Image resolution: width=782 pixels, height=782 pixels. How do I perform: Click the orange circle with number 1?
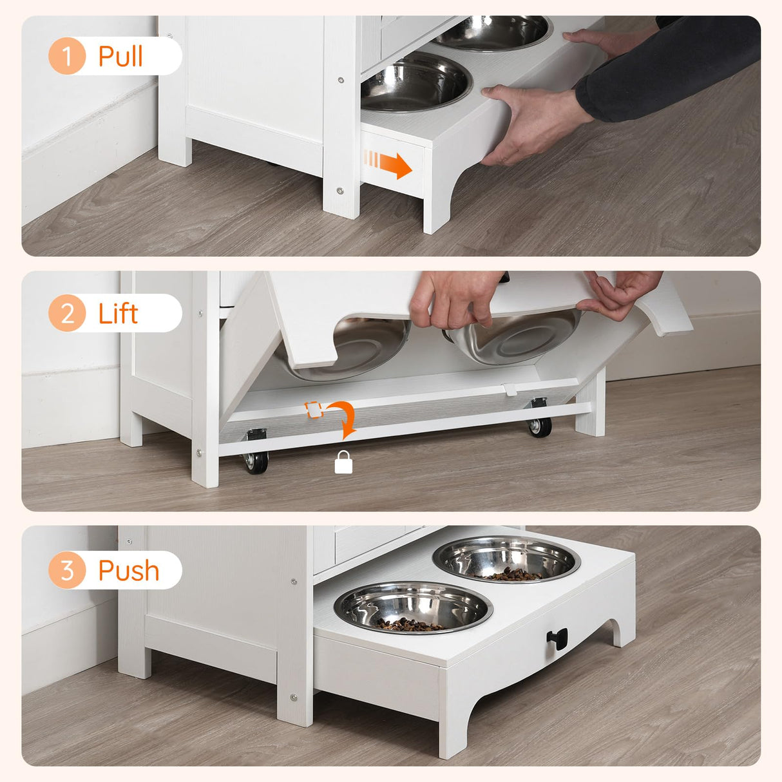67,56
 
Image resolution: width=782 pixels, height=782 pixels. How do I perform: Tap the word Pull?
120,56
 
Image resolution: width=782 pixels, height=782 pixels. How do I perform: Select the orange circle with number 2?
67,313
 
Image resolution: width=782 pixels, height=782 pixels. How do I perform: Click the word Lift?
118,313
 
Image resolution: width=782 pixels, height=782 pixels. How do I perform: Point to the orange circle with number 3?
67,570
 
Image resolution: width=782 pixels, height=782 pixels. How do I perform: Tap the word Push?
128,571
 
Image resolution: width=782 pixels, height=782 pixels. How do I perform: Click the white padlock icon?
343,463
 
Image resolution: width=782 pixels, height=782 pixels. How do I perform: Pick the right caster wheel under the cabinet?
540,425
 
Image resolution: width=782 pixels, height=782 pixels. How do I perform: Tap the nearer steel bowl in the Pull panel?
415,82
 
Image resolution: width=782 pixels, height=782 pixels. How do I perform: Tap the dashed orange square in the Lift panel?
313,410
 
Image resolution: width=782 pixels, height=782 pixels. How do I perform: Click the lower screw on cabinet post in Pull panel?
340,191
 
